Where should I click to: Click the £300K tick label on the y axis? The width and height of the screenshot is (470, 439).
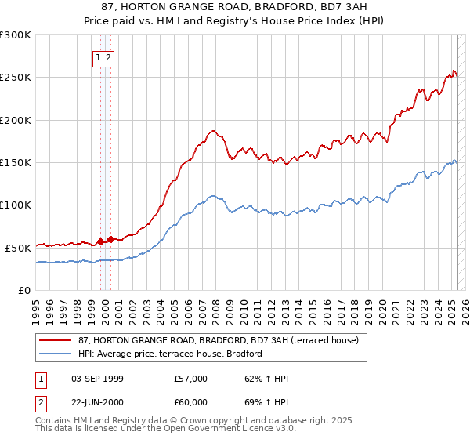pyautogui.click(x=15, y=35)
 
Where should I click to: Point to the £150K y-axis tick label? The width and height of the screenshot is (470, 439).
pyautogui.click(x=15, y=162)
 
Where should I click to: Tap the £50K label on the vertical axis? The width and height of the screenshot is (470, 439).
pyautogui.click(x=17, y=247)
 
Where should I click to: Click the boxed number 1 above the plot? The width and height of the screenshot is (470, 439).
pyautogui.click(x=99, y=57)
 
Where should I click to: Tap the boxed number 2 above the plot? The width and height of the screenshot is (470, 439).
pyautogui.click(x=109, y=57)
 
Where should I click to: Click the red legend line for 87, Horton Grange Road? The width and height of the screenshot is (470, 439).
pyautogui.click(x=56, y=340)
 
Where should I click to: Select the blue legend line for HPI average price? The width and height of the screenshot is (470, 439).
pyautogui.click(x=56, y=354)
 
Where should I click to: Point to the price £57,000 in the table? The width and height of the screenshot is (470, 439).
pyautogui.click(x=190, y=379)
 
